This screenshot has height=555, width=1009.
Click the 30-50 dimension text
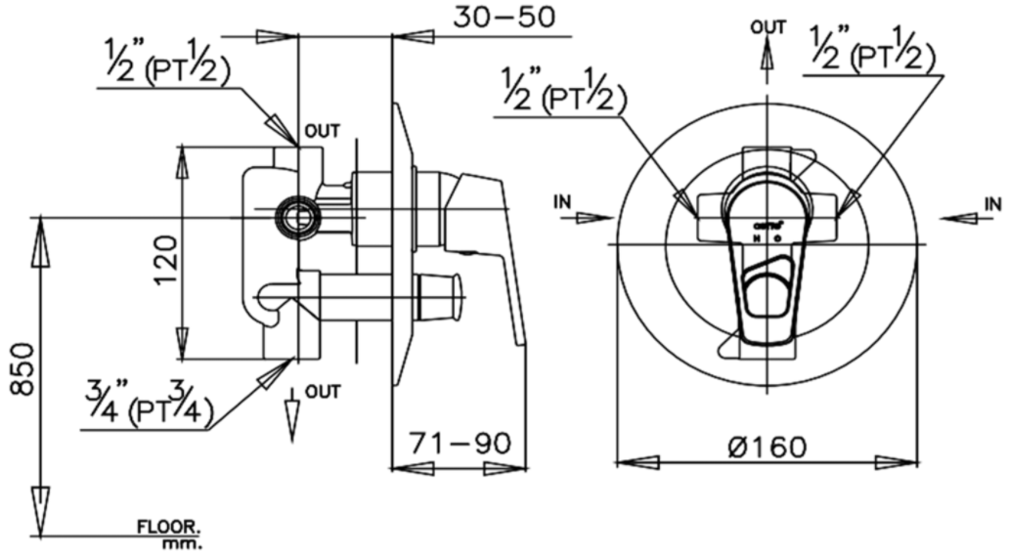click(x=504, y=17)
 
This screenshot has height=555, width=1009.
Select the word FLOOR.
click(x=167, y=528)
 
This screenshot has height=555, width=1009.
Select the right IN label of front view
click(x=992, y=203)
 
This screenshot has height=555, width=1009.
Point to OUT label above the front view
click(x=768, y=26)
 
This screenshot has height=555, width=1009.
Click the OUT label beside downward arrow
click(x=323, y=392)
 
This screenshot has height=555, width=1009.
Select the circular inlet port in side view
click(x=296, y=215)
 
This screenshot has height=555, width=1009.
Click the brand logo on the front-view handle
click(x=768, y=225)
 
